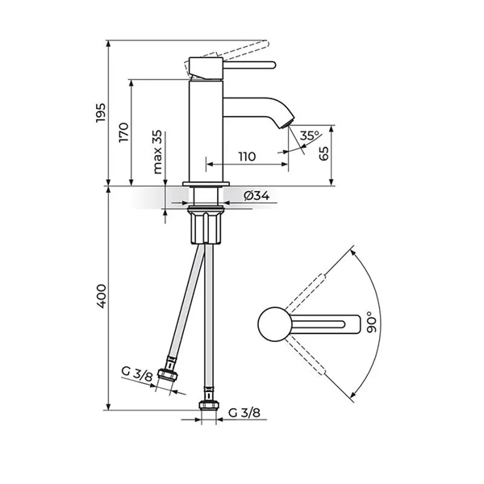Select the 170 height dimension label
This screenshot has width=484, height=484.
point(123,131)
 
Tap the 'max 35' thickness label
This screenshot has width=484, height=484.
point(157,154)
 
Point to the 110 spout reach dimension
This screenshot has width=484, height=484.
point(246,156)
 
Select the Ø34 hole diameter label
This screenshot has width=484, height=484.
point(256,195)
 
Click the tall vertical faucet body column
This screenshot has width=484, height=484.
point(205,129)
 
